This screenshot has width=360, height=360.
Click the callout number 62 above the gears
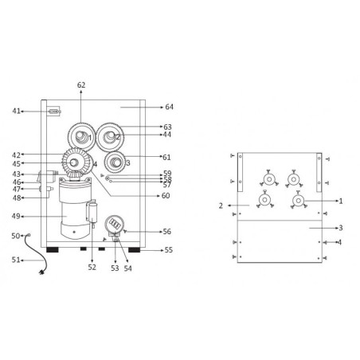pos(81,84)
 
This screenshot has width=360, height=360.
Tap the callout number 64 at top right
pos(169,106)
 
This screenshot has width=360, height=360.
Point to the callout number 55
pos(167,250)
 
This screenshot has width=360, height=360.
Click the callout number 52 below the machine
pos(92,268)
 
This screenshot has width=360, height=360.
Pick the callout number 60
pos(166,196)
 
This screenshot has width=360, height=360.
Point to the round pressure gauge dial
pos(115,224)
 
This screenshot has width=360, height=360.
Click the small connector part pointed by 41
pos(54,111)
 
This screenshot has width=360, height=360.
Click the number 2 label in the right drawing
pos(220,205)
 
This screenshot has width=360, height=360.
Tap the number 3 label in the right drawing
pos(340,228)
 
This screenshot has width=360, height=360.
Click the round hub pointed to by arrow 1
pos(299,201)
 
